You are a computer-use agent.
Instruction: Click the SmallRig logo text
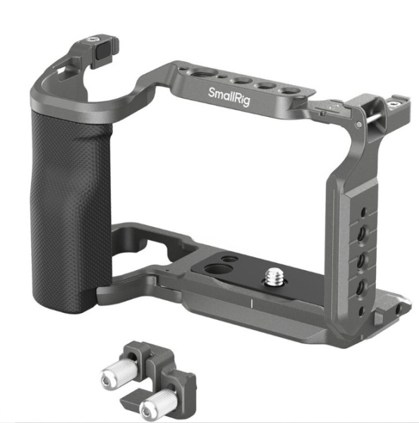pos(229,97)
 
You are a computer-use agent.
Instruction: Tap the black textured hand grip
pos(71,210)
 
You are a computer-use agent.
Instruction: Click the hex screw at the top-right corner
pos(394,103)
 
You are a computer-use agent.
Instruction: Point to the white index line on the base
pos(252,303)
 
